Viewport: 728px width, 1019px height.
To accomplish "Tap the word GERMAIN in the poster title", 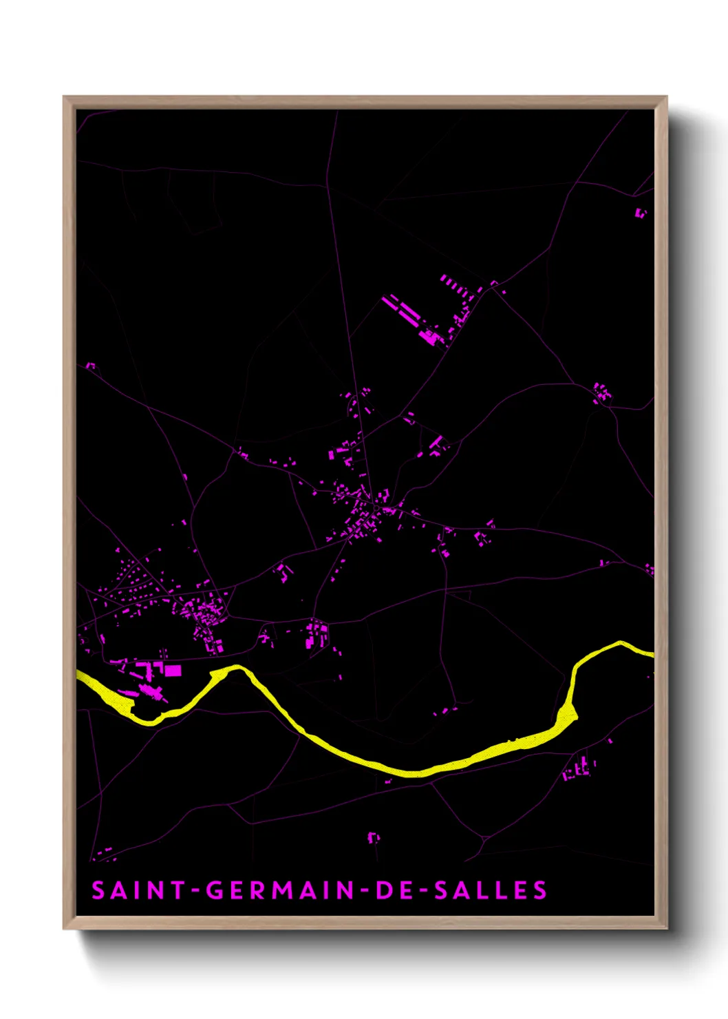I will coord(280,890).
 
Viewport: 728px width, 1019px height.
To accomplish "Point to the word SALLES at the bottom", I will coord(491,890).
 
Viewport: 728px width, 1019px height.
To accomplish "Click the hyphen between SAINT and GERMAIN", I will coord(195,891).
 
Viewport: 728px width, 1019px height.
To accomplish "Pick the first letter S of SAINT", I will coord(98,890).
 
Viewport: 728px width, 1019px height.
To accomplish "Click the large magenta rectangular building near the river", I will coord(173,670).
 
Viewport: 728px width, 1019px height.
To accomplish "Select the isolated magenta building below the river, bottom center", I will coord(374,837).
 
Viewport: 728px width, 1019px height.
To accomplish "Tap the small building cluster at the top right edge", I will coord(641,213).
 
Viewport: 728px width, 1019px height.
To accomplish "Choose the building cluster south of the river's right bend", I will coord(579,768).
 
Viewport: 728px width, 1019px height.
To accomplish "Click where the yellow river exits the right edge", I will coord(651,653).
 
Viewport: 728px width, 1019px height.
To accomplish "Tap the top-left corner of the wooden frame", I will coord(65,98).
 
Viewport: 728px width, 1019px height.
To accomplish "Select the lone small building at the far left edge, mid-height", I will coord(90,366).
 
